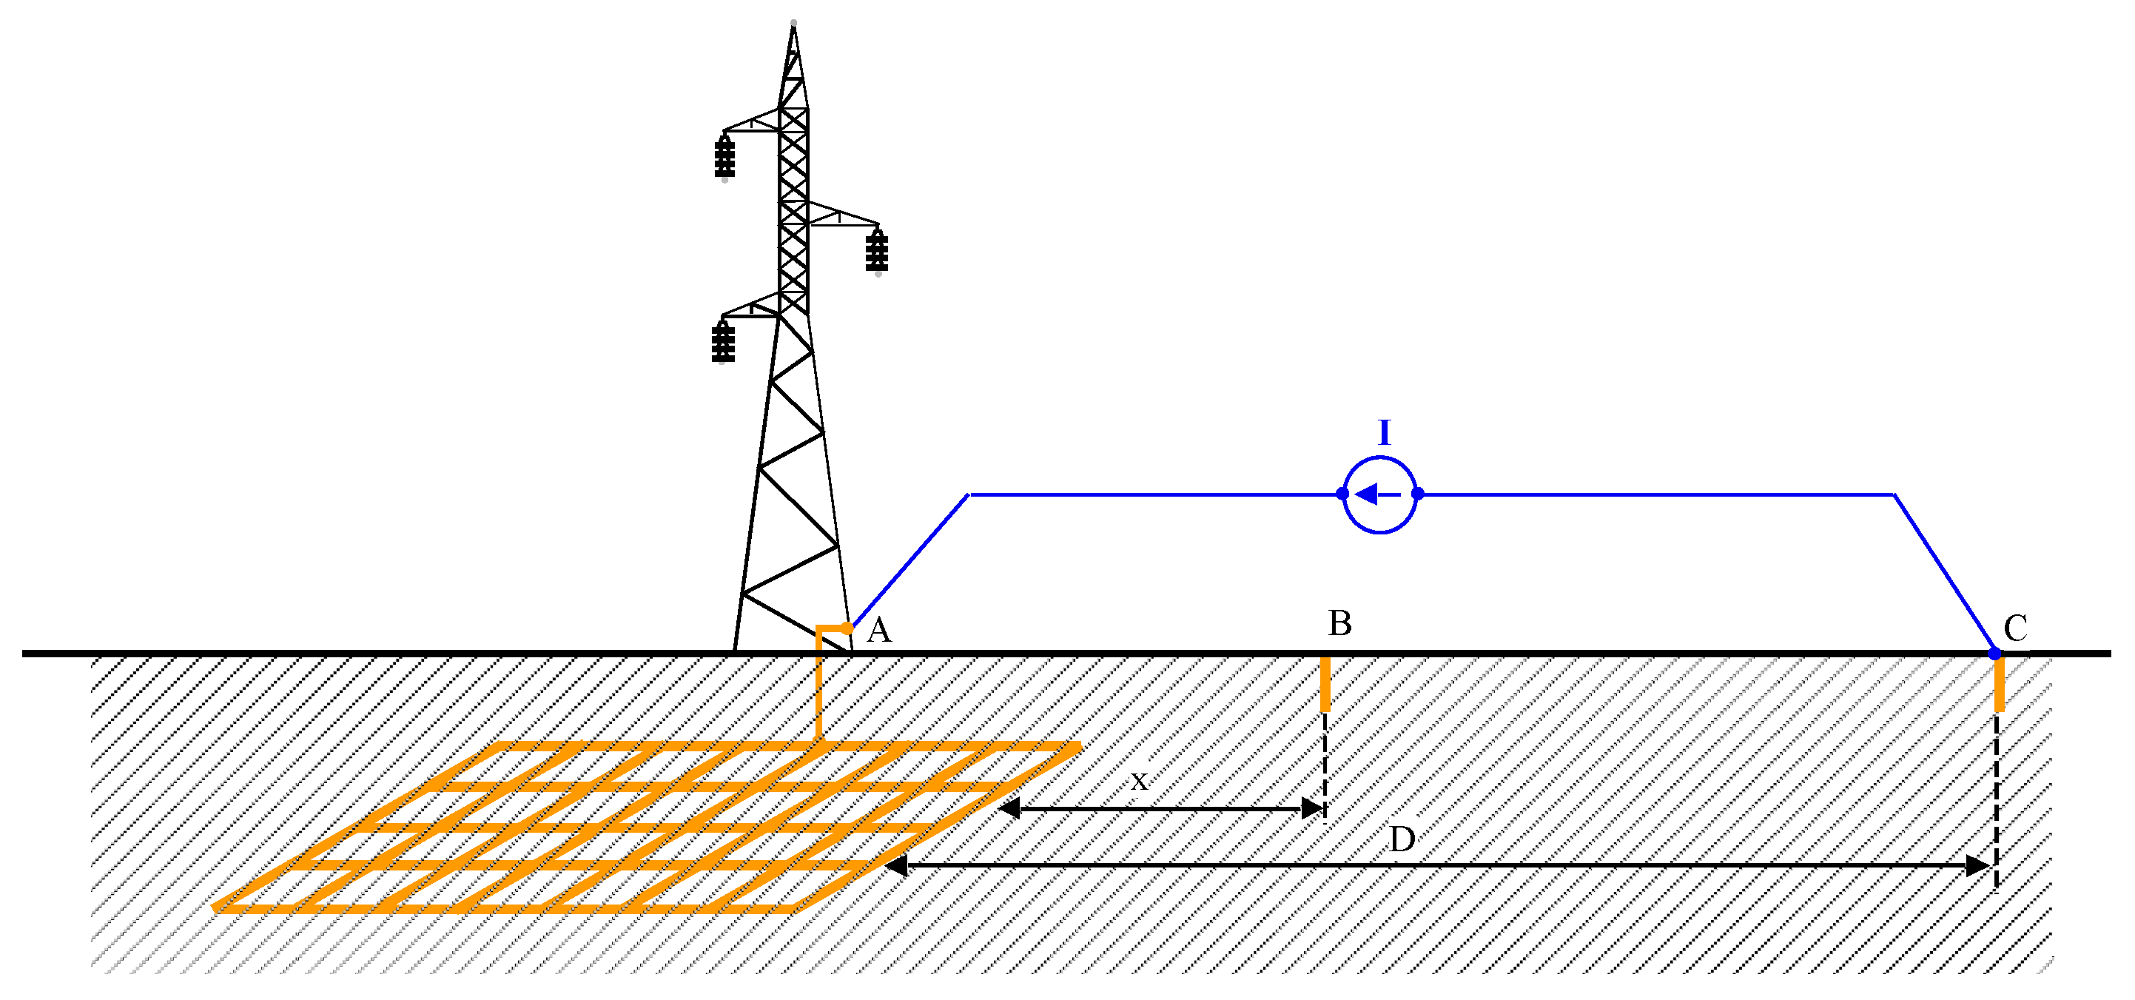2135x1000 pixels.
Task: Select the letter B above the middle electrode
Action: point(1339,623)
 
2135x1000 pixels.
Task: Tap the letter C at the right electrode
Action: point(2015,628)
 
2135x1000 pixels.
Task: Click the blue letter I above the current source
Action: point(1383,433)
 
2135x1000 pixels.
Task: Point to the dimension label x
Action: point(1140,780)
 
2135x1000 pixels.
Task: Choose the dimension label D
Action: point(1402,839)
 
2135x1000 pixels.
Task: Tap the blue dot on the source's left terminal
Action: point(1342,494)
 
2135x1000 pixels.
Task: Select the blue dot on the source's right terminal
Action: point(1417,494)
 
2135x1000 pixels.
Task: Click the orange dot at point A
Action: point(846,628)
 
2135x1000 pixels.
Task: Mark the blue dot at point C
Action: point(1995,654)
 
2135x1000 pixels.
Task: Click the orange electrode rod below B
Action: point(1325,684)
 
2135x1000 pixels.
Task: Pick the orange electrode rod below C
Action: point(1999,684)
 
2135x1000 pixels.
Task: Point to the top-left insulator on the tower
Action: point(724,158)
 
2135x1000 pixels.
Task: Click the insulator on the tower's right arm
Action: point(877,251)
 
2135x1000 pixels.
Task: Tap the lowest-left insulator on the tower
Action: point(723,342)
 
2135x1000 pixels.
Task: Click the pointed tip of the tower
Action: point(793,26)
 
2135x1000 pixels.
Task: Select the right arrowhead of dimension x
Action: point(1313,808)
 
